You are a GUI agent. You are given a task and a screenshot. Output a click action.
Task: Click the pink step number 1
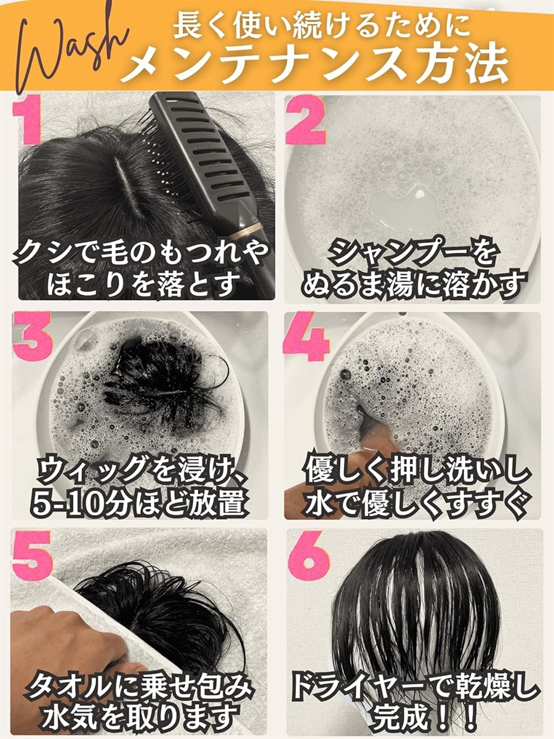coord(28,122)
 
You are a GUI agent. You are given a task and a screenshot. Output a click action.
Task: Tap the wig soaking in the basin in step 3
coord(163,382)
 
